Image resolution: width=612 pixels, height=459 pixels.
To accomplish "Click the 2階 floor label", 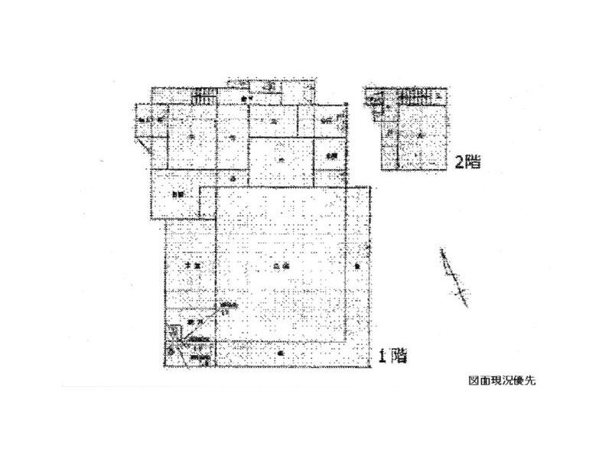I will (467, 162).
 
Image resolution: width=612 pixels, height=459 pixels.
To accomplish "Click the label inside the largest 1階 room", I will (280, 265).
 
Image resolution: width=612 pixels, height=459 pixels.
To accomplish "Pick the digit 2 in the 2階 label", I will (458, 162).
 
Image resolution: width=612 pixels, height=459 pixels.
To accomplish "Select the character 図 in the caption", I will (472, 380).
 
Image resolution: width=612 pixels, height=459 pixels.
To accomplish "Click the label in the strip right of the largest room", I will (357, 265).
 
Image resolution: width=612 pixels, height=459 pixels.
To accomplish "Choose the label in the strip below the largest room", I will (282, 354).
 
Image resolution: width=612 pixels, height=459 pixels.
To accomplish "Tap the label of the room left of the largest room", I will (190, 265).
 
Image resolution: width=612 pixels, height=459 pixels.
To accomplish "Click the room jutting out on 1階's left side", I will (176, 194).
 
